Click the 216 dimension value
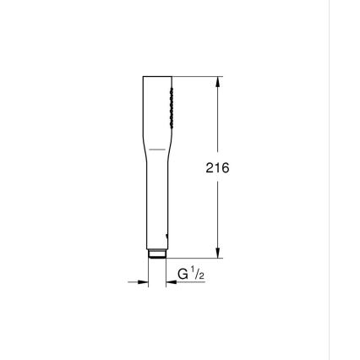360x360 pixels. point(217,168)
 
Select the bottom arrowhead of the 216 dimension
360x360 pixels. point(218,253)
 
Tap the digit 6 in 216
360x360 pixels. point(225,168)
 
